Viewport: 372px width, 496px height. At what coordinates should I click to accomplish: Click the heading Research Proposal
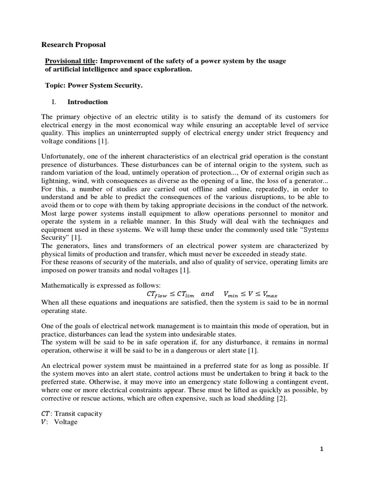tap(73, 45)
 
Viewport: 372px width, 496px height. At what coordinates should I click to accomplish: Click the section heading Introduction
tap(87, 102)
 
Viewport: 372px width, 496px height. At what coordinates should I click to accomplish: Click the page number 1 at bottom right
tap(321, 449)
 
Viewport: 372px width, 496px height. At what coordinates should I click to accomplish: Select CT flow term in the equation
tap(152, 294)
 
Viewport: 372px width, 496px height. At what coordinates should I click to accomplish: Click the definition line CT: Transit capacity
tap(72, 414)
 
